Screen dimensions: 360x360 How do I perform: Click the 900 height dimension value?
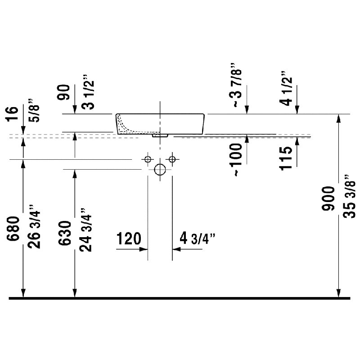328,198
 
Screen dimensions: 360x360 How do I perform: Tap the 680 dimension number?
13,229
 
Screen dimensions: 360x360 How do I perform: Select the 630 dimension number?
64,233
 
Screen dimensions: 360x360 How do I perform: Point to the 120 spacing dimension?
129,238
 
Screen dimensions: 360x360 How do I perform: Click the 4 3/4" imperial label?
198,238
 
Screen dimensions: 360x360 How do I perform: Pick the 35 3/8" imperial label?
350,196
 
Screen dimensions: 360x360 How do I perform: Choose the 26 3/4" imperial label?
34,226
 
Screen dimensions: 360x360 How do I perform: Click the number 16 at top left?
13,114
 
